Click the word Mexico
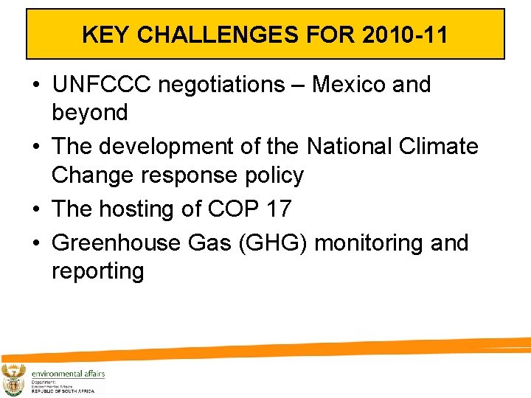tap(350, 85)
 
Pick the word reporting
tap(97, 271)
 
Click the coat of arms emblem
tap(14, 380)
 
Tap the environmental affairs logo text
tap(68, 374)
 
